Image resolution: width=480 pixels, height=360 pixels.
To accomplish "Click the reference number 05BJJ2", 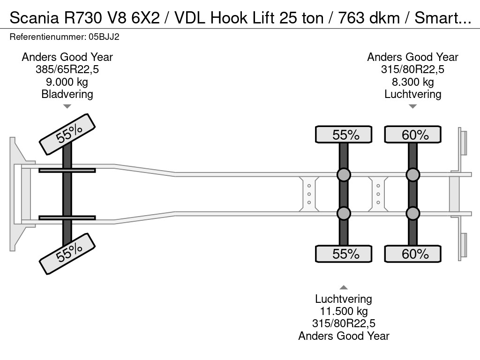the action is click(x=104, y=37).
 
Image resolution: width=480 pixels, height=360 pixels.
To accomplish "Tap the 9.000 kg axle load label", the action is click(x=67, y=82).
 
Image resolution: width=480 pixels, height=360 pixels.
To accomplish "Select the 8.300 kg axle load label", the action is click(x=412, y=82).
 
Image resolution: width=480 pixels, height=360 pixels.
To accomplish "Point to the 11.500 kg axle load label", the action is click(x=344, y=311).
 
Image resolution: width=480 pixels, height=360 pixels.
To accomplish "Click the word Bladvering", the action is click(x=67, y=94).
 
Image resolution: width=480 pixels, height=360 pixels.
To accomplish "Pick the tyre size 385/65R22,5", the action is click(x=67, y=69).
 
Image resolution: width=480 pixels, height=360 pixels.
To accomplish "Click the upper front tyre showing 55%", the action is click(x=67, y=135).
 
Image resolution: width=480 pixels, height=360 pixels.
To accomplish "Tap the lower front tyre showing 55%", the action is click(x=67, y=254).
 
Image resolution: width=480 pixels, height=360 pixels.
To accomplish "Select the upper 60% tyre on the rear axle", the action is click(x=412, y=135).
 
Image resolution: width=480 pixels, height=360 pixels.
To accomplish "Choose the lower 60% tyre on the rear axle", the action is click(x=412, y=254).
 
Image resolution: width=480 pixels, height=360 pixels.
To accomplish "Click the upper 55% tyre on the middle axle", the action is click(x=344, y=135).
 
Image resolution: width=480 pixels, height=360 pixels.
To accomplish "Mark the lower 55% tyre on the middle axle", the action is click(x=344, y=254).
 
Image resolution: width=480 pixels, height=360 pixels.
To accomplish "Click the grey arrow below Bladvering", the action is click(x=67, y=106).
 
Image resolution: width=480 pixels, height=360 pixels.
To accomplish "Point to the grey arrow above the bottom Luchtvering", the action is click(x=344, y=287).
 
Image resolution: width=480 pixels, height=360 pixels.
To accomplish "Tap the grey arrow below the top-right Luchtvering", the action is click(x=412, y=106).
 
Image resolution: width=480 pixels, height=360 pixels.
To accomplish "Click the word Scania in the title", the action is click(x=34, y=18).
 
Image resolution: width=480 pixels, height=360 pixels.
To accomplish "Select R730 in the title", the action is click(x=82, y=18).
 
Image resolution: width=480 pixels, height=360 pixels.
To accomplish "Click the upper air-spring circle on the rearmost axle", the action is click(x=412, y=175).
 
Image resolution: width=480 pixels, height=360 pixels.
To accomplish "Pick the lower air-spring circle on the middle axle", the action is click(x=344, y=213).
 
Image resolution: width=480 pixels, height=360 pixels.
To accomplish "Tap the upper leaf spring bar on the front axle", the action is click(x=67, y=170).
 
